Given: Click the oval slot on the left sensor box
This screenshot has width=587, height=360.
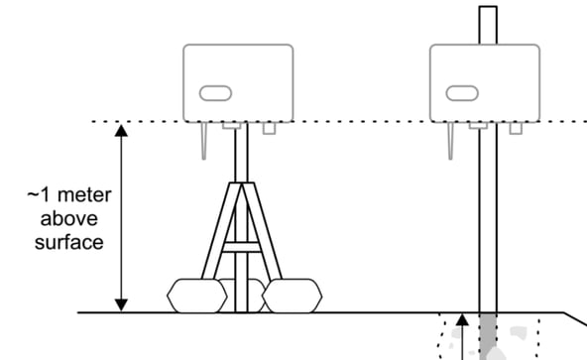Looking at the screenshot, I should pos(214,93).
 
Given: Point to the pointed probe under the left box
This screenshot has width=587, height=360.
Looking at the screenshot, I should pos(203,142).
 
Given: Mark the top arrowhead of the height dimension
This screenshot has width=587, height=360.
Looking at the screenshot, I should pos(121,130).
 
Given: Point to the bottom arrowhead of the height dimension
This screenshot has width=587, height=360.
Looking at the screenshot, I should pos(121,303).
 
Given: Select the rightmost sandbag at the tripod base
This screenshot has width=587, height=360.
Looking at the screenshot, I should pos(292,295).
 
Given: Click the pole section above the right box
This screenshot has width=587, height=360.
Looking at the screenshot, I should pos(487,24).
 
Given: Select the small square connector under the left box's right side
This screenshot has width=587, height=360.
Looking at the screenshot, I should pos(267,128).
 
